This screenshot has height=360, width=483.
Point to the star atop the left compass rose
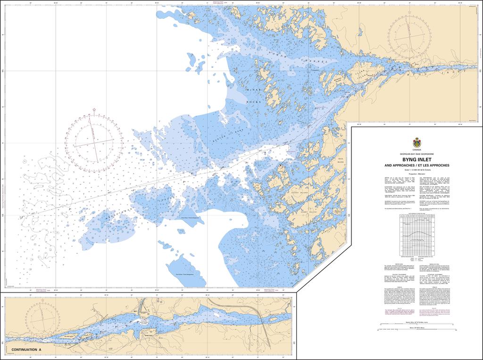pos(94,110)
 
